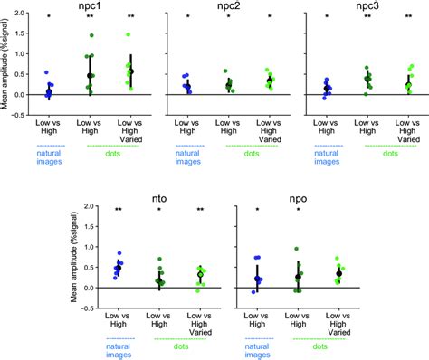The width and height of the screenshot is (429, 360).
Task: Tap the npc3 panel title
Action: (x=368, y=6)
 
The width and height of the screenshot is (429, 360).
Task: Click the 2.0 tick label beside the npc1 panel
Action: (x=23, y=13)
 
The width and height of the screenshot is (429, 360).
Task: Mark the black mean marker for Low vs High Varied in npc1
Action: (x=129, y=71)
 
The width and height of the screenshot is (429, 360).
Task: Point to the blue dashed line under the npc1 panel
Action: (x=49, y=147)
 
